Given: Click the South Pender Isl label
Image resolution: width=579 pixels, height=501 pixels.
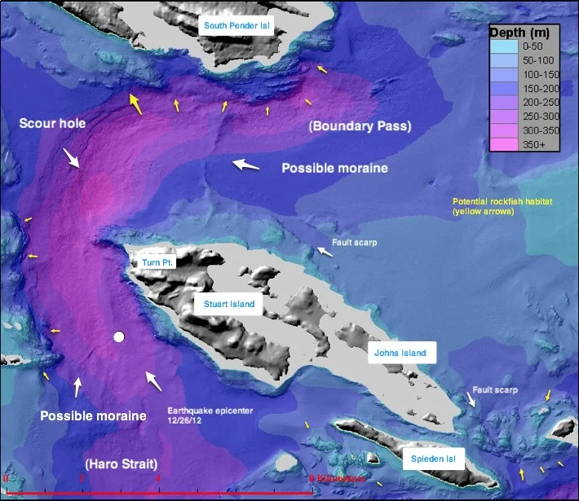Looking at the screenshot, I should click(236, 26).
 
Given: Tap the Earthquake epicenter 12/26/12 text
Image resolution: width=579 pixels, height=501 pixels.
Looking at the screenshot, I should click(204, 416).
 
